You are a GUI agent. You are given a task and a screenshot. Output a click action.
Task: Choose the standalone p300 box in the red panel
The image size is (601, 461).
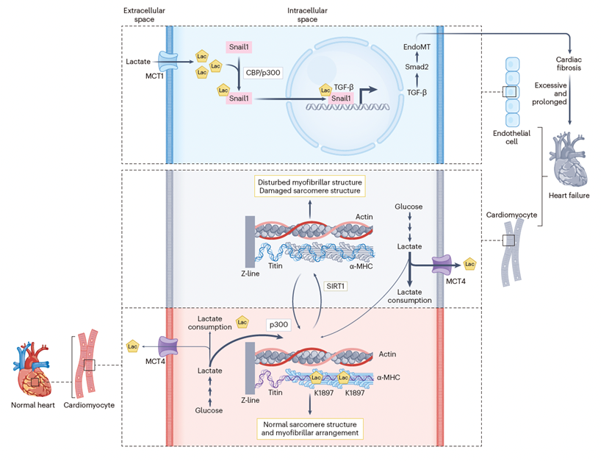[278, 324]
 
